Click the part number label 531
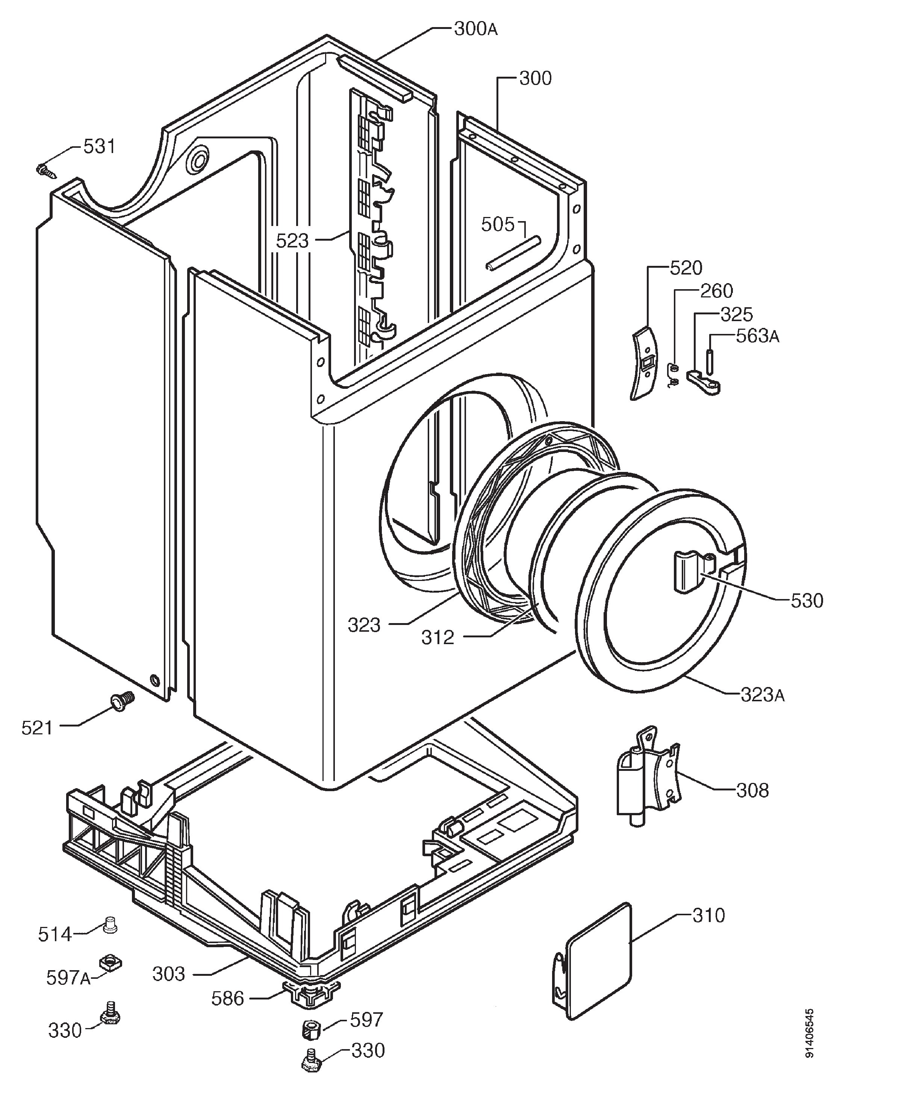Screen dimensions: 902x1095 [x=99, y=147]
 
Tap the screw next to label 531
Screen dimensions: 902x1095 [x=46, y=170]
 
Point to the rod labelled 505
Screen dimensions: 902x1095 [x=513, y=253]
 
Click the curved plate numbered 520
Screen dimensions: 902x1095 [x=645, y=363]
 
